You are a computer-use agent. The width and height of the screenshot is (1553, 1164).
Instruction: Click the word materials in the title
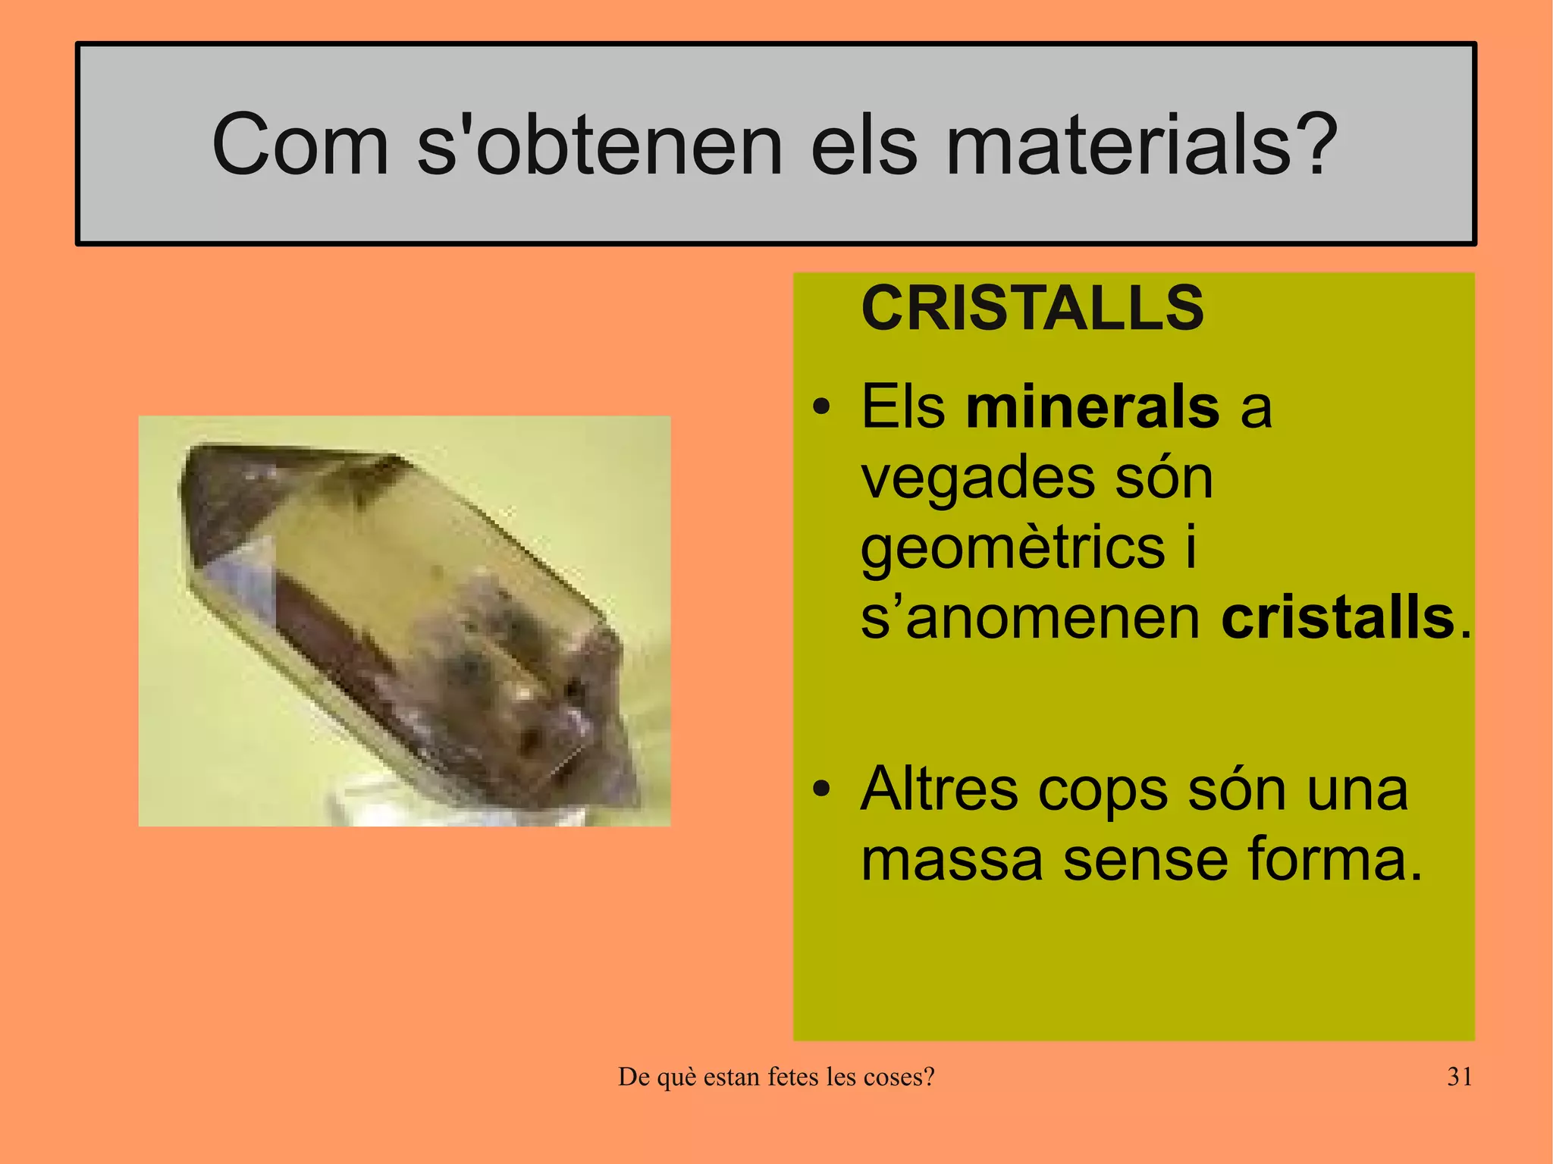point(1118,144)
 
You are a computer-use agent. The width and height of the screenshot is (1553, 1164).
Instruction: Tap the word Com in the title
point(300,144)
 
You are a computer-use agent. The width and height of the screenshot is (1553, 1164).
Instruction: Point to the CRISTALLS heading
point(1032,308)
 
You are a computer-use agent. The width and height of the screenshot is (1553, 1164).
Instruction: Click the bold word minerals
point(1093,407)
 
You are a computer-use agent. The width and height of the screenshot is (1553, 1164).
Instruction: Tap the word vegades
point(977,480)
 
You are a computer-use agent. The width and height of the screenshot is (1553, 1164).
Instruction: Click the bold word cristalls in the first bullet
point(1338,618)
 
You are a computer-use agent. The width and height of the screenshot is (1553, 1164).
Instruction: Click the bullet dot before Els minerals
point(820,409)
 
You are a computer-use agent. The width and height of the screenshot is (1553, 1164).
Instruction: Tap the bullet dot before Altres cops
point(820,791)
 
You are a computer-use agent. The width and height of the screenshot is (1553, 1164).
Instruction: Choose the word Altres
point(939,789)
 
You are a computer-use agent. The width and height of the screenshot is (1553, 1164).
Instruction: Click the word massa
point(952,860)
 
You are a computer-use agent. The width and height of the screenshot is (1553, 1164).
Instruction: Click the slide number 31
point(1460,1077)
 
